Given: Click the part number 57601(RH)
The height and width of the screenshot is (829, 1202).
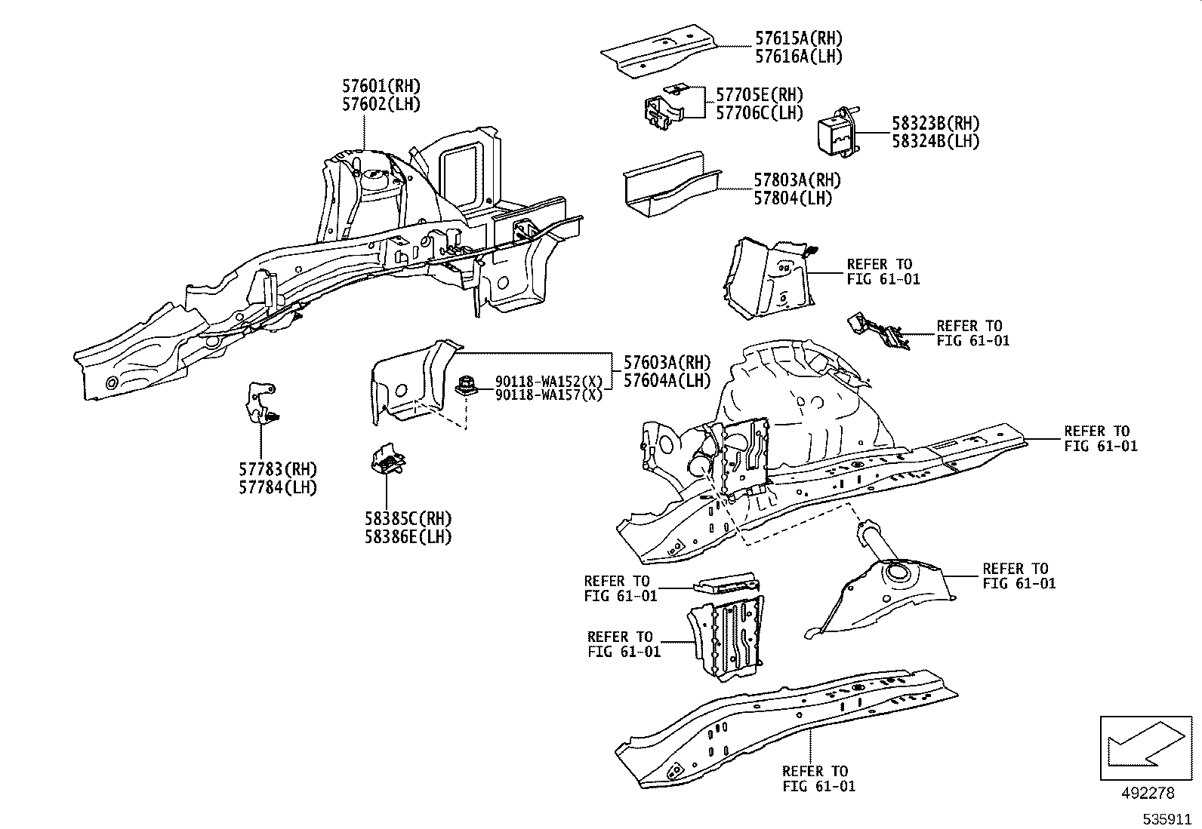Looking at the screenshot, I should pyautogui.click(x=381, y=87).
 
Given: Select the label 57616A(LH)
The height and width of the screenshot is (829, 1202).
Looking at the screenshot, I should pyautogui.click(x=798, y=57).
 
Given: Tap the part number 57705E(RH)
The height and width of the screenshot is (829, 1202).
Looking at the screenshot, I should pyautogui.click(x=759, y=96).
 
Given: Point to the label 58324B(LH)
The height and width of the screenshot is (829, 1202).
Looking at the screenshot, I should pyautogui.click(x=935, y=141).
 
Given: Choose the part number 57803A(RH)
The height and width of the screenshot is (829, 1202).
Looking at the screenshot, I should pyautogui.click(x=797, y=180).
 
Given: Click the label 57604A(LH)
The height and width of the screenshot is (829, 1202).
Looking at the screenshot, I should pyautogui.click(x=667, y=380).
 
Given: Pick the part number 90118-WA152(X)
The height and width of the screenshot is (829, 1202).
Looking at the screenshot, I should pyautogui.click(x=548, y=381).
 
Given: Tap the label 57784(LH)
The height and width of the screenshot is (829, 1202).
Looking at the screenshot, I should pyautogui.click(x=278, y=487).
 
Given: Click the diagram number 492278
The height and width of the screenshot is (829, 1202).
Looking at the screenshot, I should pyautogui.click(x=1147, y=793).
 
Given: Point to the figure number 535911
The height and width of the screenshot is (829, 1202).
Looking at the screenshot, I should pyautogui.click(x=1168, y=818).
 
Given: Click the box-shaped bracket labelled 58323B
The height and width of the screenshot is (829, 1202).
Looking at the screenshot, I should pyautogui.click(x=836, y=133).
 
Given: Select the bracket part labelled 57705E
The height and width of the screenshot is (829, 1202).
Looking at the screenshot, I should pyautogui.click(x=662, y=109).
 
